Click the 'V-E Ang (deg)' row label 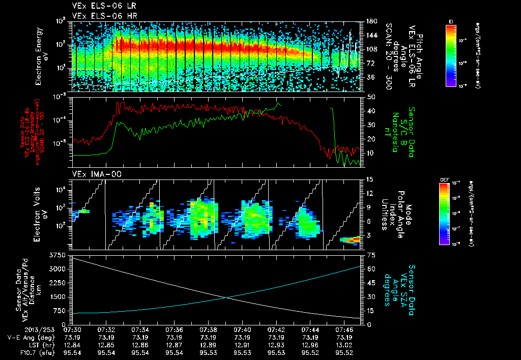click(28, 337)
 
